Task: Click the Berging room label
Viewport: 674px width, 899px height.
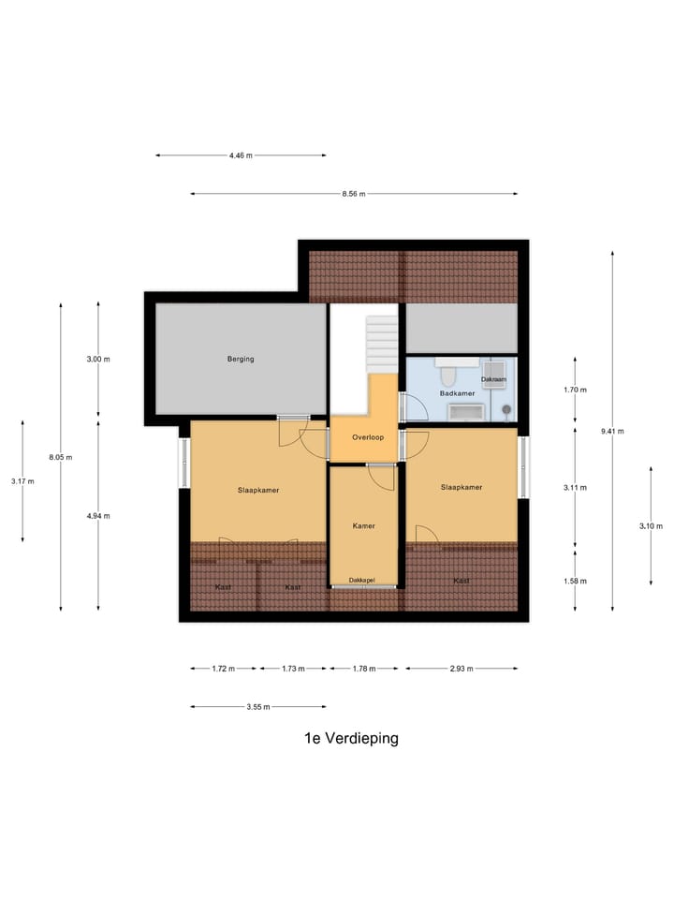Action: [241, 359]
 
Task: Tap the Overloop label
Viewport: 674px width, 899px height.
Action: [368, 437]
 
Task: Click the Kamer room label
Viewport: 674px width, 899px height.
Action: [363, 525]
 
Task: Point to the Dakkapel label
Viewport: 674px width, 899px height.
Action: [363, 581]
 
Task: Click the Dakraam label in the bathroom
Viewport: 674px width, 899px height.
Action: [494, 379]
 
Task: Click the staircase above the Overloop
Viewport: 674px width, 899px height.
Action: [382, 344]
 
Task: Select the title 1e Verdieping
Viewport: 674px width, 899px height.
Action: [351, 738]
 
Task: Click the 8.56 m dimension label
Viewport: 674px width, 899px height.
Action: [353, 194]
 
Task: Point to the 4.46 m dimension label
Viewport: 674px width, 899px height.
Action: [241, 155]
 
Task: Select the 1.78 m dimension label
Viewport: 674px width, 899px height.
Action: [363, 669]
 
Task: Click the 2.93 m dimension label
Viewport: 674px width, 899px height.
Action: [462, 669]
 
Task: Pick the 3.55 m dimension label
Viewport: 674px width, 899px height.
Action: [258, 707]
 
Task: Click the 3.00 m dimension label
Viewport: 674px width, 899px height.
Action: [98, 359]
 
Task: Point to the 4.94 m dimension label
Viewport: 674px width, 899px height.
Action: [98, 516]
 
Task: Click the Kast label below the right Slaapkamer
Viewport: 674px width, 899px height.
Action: [462, 581]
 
